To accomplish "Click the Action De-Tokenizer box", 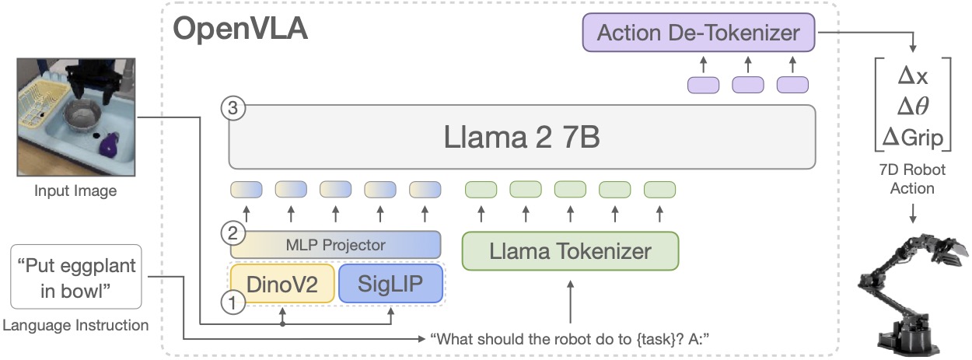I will [698, 33].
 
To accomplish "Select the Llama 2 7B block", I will [522, 138].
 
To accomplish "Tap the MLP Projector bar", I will [335, 245].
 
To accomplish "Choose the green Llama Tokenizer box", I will [570, 250].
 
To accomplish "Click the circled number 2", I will [230, 232].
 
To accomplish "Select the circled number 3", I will [233, 108].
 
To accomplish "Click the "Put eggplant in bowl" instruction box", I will [76, 278].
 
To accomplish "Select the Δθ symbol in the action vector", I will [908, 107].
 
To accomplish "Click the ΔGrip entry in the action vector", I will [908, 138].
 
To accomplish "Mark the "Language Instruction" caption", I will [75, 326].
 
